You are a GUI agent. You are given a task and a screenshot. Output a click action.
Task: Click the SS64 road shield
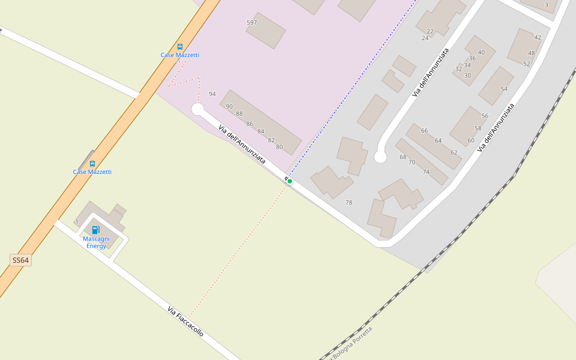point(20,260)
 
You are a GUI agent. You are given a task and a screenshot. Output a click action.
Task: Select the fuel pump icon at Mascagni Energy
point(95,230)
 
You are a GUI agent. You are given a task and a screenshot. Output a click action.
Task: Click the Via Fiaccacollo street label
point(185,322)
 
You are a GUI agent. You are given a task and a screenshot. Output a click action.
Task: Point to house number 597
point(252,23)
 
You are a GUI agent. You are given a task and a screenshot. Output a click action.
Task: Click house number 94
point(212,94)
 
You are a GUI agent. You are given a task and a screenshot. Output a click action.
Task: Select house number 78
point(349,203)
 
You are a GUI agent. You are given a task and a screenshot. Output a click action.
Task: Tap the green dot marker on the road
point(290,181)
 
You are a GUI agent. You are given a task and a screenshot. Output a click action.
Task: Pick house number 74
point(426,172)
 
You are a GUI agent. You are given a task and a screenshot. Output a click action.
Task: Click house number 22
point(430,31)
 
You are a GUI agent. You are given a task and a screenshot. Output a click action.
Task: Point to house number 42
point(538,37)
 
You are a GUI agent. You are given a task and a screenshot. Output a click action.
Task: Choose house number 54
point(504,89)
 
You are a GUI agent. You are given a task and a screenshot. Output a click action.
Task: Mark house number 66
point(424,130)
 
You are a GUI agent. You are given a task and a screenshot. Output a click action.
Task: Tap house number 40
point(481,52)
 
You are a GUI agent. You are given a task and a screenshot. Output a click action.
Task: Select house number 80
point(279,147)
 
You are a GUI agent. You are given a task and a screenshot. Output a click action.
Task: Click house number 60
point(471,140)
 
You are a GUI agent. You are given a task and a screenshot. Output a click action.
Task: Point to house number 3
point(546,5)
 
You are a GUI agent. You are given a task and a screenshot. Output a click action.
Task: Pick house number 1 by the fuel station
point(77,222)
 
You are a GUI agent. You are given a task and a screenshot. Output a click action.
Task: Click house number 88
point(239,113)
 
